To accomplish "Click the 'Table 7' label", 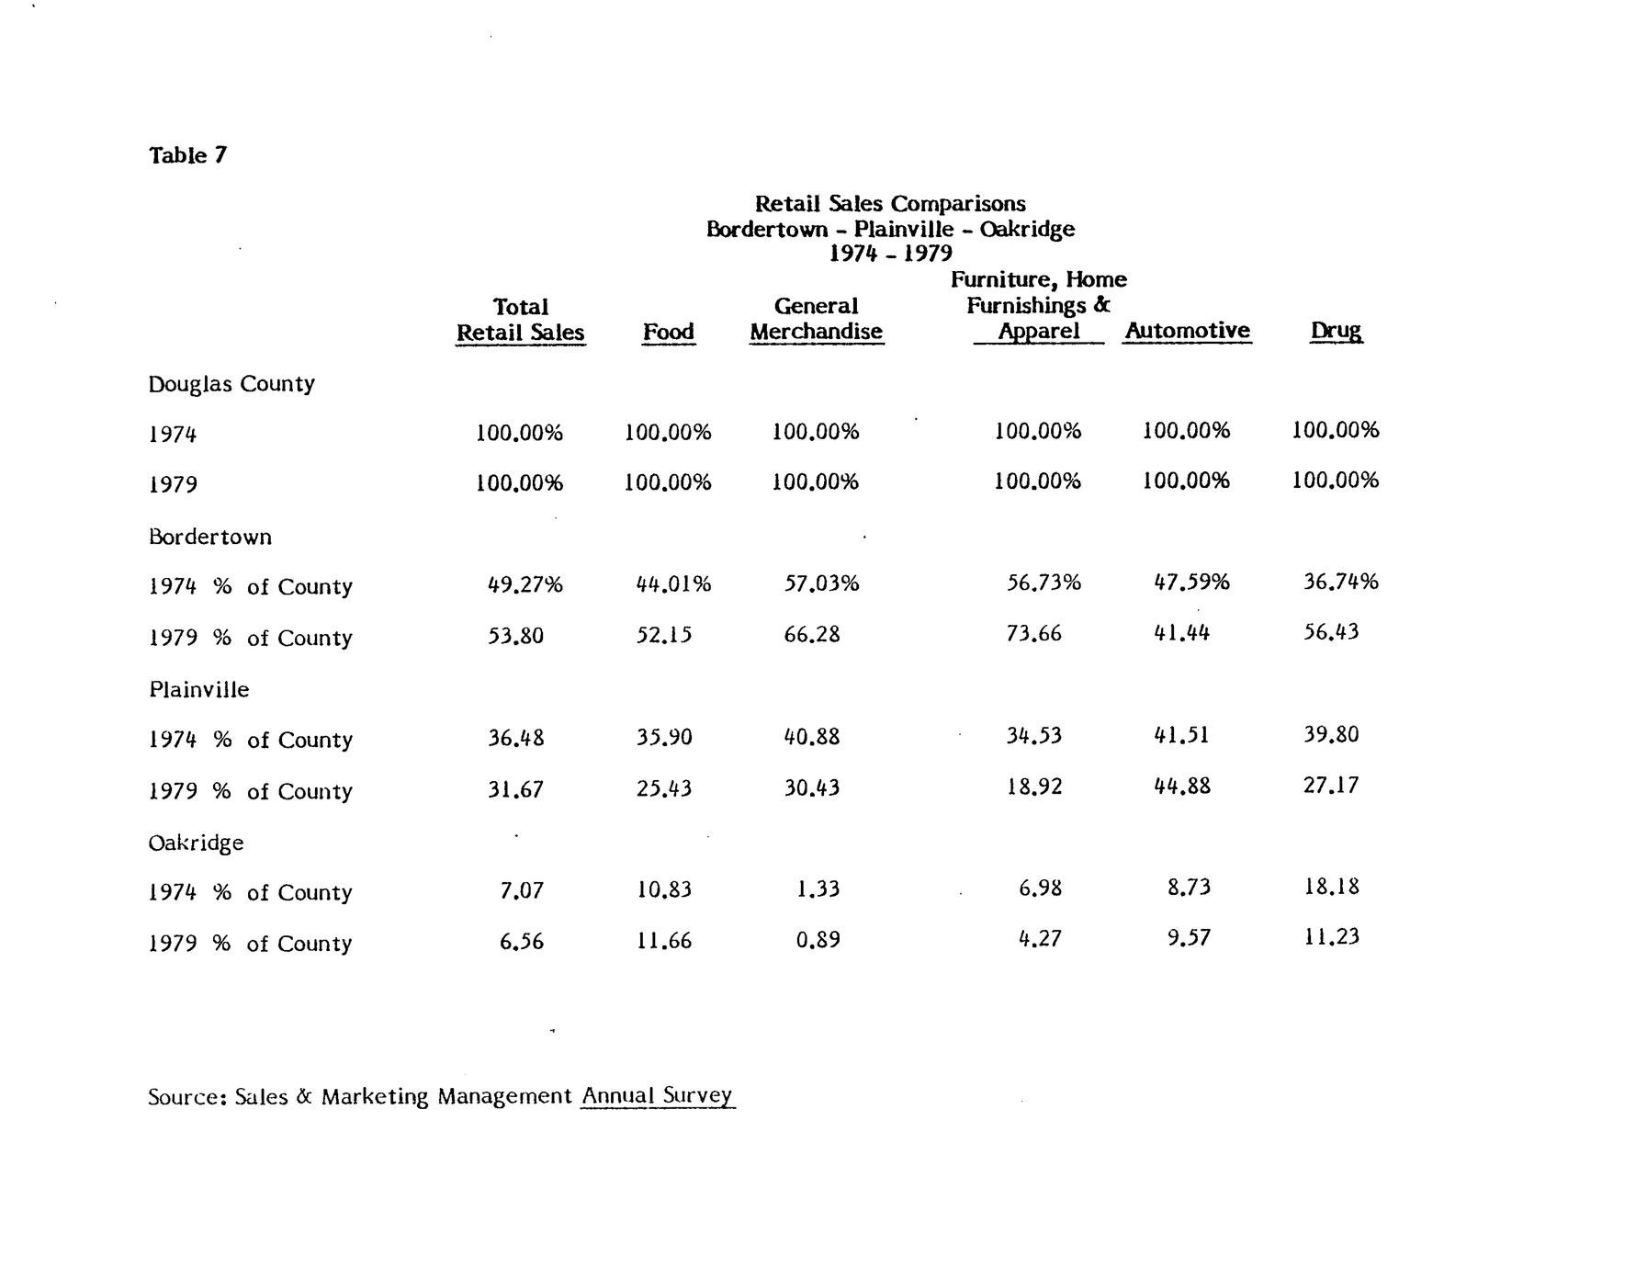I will pyautogui.click(x=187, y=155).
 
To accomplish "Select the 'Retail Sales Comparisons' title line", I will pyautogui.click(x=889, y=203).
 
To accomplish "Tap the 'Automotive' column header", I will pyautogui.click(x=1187, y=330).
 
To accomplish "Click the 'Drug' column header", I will pyautogui.click(x=1336, y=330).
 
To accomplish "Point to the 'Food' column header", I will pyautogui.click(x=668, y=332).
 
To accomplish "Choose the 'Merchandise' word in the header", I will pyautogui.click(x=816, y=332).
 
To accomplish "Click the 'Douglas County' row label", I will pyautogui.click(x=231, y=384).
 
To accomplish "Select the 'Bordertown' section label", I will pyautogui.click(x=209, y=537).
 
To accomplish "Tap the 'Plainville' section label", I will pyautogui.click(x=198, y=690).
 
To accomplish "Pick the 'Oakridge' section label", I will pyautogui.click(x=196, y=843).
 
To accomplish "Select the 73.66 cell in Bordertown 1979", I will pyautogui.click(x=1033, y=634).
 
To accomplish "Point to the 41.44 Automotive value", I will pyautogui.click(x=1181, y=632).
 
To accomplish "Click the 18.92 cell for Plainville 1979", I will pyautogui.click(x=1033, y=787).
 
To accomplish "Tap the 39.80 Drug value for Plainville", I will pyautogui.click(x=1330, y=735).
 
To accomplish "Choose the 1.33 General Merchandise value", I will pyautogui.click(x=818, y=889).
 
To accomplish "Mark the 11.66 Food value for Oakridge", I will pyautogui.click(x=663, y=941).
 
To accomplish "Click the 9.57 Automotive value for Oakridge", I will pyautogui.click(x=1188, y=938).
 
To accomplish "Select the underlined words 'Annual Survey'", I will pyautogui.click(x=657, y=1095).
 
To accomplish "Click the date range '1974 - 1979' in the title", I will pyautogui.click(x=889, y=253).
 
